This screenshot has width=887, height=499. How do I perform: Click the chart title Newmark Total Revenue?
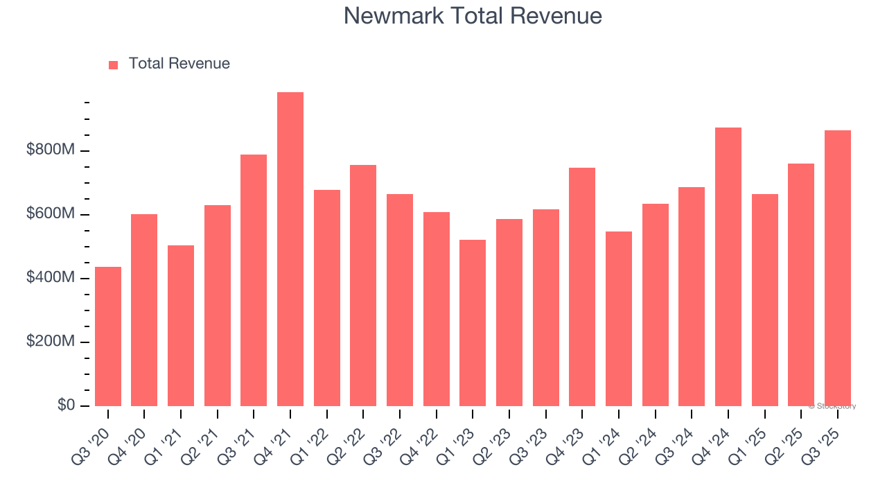tap(473, 15)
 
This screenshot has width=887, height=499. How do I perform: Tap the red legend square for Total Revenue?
tap(114, 65)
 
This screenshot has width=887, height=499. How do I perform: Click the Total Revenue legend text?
tap(179, 64)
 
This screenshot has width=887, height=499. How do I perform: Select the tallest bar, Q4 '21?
tap(290, 249)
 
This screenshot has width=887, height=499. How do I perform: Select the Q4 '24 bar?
tap(728, 267)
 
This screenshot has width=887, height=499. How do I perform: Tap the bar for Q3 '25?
tap(838, 268)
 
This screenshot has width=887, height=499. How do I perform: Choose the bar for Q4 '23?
tap(582, 287)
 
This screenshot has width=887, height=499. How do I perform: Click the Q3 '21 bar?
tap(254, 280)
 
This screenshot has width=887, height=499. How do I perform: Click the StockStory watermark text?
tap(832, 407)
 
